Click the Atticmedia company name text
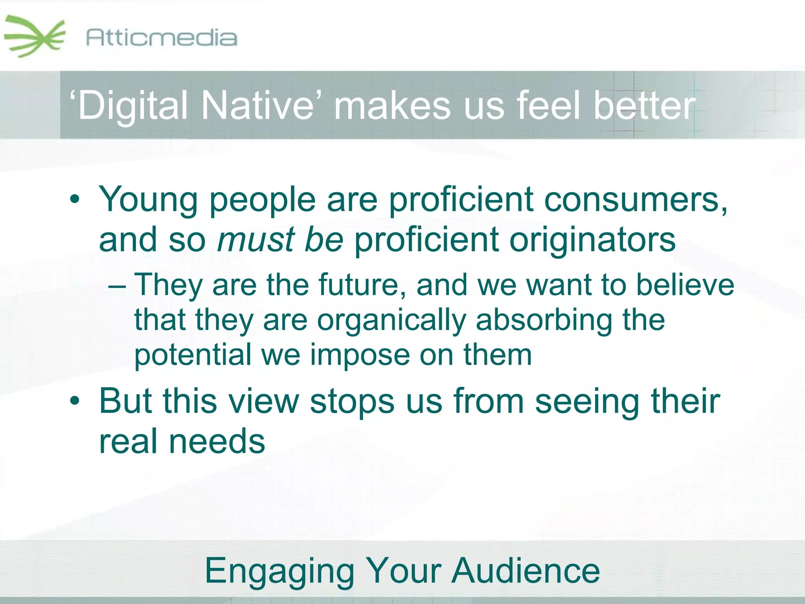(161, 38)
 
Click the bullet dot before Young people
(75, 199)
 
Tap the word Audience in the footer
(526, 571)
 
